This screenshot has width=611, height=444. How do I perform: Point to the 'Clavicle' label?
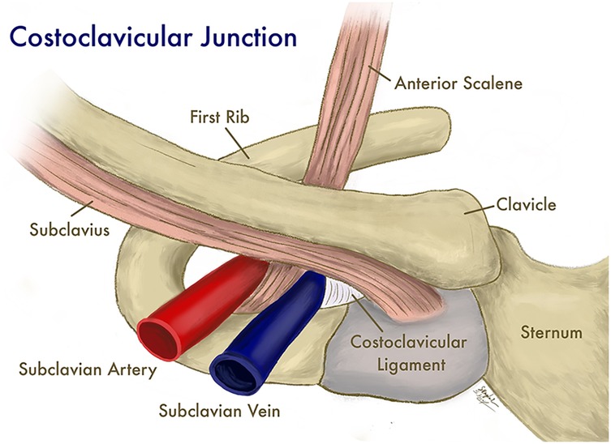528,205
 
